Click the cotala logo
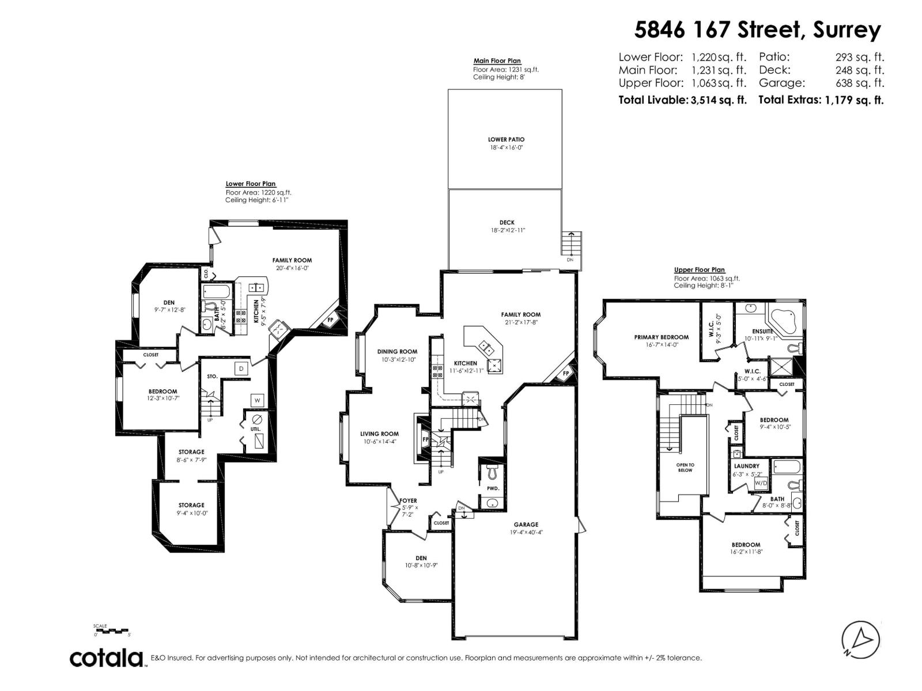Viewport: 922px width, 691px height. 107,658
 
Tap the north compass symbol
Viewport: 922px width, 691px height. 861,640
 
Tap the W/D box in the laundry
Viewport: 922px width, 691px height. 761,483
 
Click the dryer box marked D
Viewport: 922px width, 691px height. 241,368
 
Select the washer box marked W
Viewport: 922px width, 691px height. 257,400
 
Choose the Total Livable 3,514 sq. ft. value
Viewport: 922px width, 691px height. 718,100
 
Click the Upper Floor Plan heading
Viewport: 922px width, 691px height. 699,269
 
